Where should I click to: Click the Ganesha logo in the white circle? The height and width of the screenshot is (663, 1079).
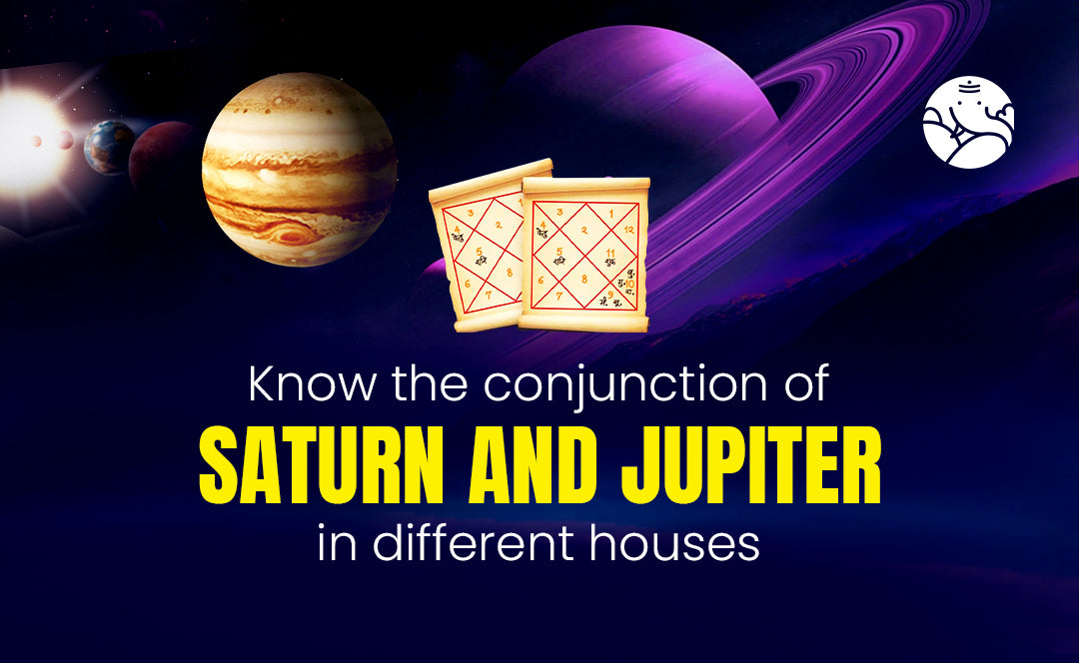tap(968, 122)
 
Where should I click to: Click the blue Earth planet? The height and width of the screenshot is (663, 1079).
tap(109, 147)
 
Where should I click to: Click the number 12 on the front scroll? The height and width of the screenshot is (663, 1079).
tap(627, 229)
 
